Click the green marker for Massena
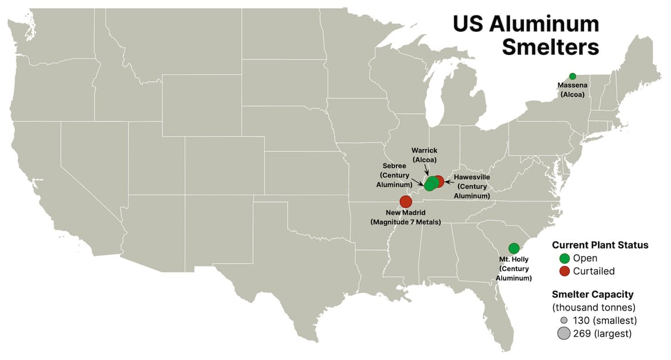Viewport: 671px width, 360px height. point(572,76)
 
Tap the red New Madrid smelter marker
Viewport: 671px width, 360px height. point(406,202)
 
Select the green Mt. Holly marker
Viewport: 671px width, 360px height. point(514,248)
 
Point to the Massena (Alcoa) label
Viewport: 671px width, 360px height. point(572,90)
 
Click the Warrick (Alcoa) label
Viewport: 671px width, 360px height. point(424,155)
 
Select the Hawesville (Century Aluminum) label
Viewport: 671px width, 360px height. point(472,187)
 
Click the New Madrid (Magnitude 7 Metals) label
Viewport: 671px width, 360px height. point(406,217)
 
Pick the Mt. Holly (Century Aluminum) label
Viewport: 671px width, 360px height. point(514,269)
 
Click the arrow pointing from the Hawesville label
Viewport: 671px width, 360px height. point(449,180)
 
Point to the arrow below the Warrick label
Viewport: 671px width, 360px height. point(426,170)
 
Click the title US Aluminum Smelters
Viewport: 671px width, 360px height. point(526,36)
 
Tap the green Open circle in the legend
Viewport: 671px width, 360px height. point(564,258)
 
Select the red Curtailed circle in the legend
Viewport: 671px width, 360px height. point(564,271)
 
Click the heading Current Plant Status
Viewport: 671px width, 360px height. point(600,245)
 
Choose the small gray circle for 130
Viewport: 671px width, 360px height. point(564,320)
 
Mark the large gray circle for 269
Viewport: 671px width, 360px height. point(564,333)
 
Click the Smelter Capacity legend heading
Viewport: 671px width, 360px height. point(592,295)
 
